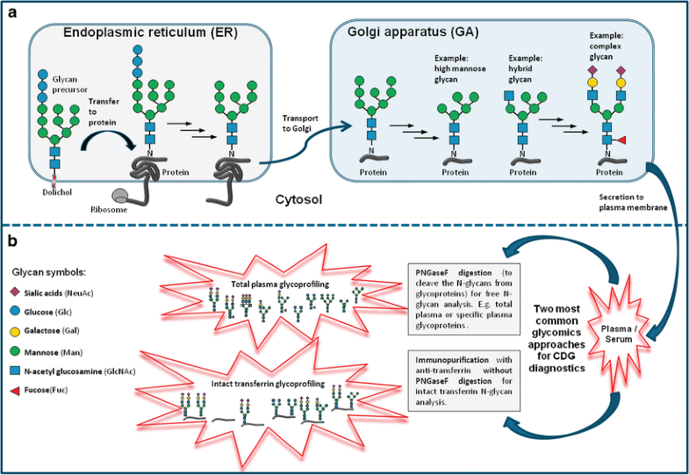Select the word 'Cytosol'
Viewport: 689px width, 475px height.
coord(295,199)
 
